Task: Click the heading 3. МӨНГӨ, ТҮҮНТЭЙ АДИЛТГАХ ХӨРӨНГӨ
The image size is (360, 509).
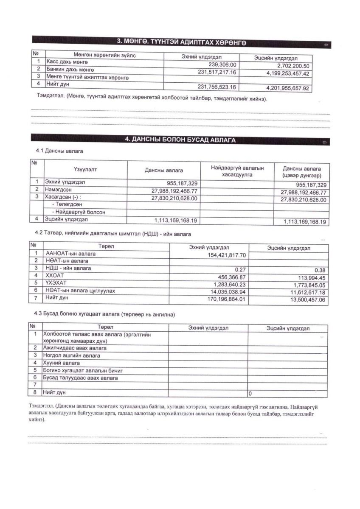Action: coord(181,42)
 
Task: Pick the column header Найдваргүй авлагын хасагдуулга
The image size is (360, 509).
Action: coord(237,171)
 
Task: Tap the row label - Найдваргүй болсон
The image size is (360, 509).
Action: coord(79,212)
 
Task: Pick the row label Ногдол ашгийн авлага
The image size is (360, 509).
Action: coord(72,355)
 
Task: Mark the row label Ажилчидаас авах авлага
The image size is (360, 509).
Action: coord(75,348)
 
